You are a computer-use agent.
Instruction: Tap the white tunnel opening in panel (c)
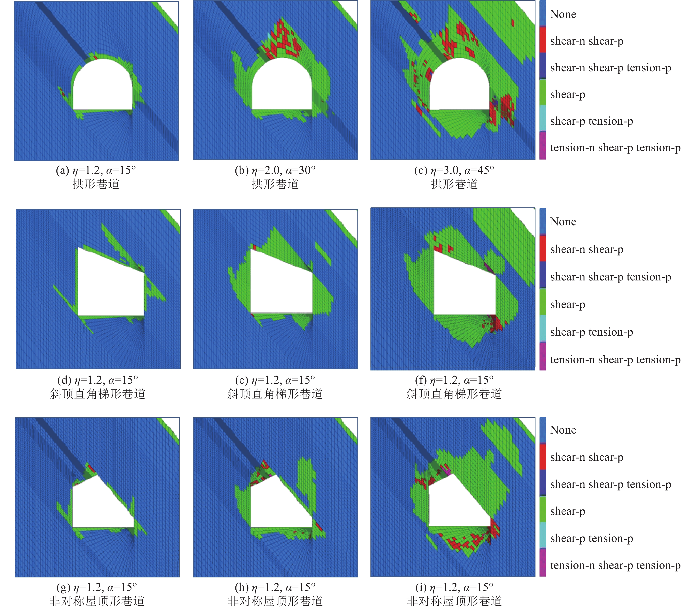pos(459,86)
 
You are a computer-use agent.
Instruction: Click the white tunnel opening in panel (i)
pos(454,505)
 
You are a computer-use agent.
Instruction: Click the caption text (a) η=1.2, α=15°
pos(96,170)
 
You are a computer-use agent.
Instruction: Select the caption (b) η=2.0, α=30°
pos(275,170)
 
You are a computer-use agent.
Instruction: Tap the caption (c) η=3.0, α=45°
pos(454,170)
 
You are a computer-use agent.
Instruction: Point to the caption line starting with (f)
pos(454,380)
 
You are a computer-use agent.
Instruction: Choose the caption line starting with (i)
pos(454,587)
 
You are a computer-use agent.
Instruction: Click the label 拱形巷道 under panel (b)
pos(275,184)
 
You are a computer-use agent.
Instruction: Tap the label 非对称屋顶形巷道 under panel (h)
pos(275,601)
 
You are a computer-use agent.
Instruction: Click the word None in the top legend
pos(563,14)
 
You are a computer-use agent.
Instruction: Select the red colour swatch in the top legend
pos(543,40)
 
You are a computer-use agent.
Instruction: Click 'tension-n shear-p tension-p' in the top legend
pos(615,148)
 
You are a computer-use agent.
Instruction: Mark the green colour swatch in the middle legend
pos(543,301)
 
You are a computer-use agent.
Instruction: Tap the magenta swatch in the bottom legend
pos(543,562)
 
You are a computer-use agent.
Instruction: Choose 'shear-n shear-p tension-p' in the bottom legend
pos(610,484)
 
